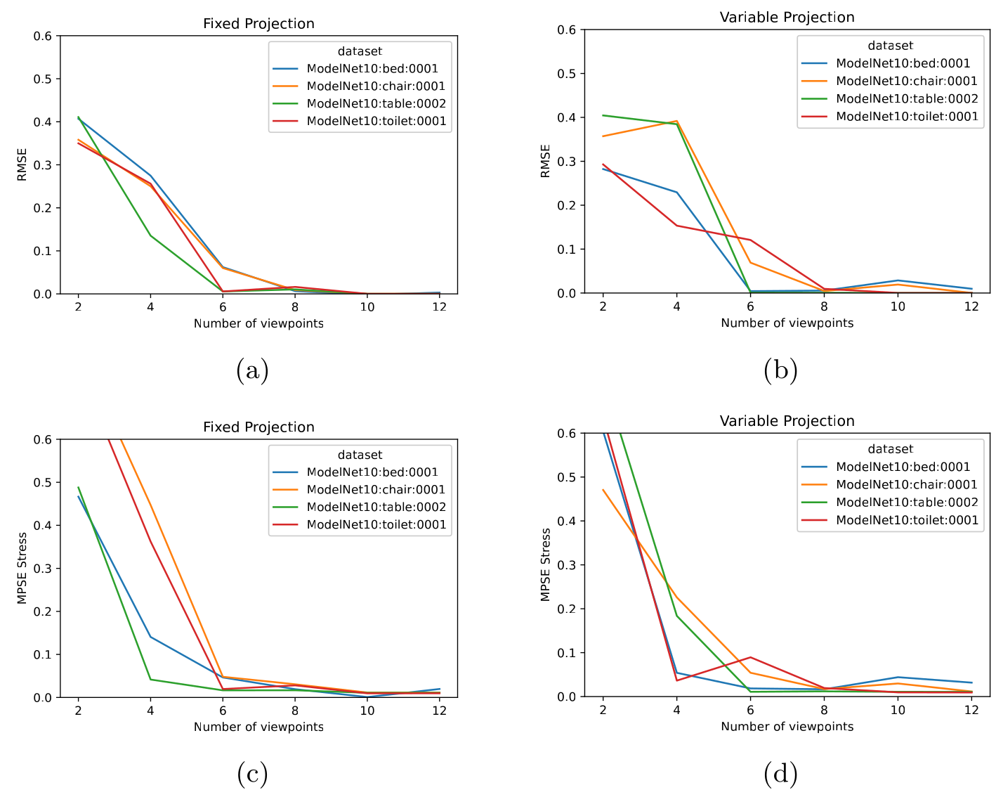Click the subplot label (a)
click(x=252, y=370)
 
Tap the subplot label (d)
click(x=780, y=774)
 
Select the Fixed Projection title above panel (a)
click(x=258, y=24)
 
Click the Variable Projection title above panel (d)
click(x=787, y=421)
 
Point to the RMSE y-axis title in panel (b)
click(x=545, y=161)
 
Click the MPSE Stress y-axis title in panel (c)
click(x=22, y=568)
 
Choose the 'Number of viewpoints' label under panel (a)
click(x=258, y=323)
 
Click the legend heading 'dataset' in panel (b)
click(x=890, y=46)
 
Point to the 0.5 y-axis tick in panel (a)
click(x=43, y=79)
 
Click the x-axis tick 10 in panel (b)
click(x=898, y=306)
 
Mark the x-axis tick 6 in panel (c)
click(x=223, y=711)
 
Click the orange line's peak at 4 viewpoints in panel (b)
click(x=676, y=121)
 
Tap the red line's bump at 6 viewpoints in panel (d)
click(x=750, y=657)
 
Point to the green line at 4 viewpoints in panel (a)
click(x=150, y=235)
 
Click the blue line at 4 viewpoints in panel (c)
click(x=150, y=637)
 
